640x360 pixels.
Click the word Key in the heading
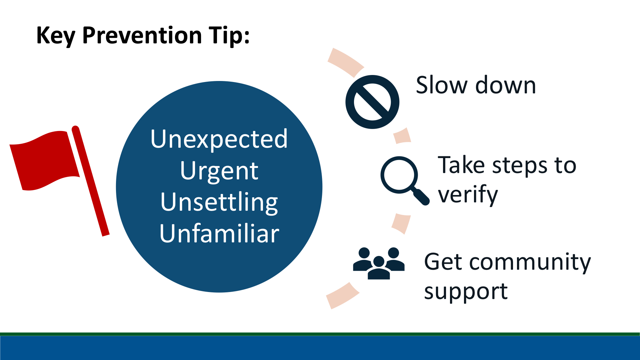coord(56,36)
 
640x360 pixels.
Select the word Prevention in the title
coord(142,35)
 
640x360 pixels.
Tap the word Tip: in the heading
coord(229,36)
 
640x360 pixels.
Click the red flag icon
coord(59,181)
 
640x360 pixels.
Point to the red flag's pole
coord(91,181)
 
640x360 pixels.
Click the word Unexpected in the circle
coord(219,139)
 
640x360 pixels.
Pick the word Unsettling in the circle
coord(219,202)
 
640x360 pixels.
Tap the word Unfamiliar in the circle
coord(219,233)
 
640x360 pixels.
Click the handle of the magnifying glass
coord(421,197)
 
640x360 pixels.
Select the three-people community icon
coord(379,263)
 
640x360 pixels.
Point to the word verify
coord(468,195)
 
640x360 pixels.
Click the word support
coord(466,292)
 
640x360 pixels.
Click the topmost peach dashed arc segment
coord(346,62)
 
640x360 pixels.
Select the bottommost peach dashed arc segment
coord(343,296)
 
